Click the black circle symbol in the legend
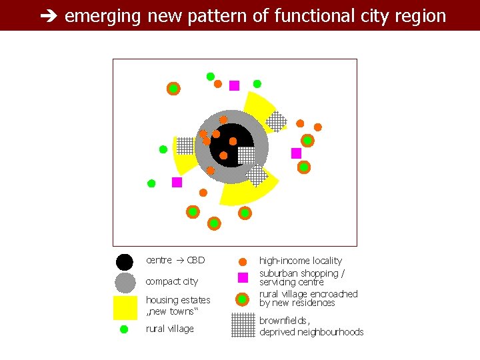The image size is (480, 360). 125,263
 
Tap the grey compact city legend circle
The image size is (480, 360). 125,283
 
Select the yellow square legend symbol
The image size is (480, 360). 125,307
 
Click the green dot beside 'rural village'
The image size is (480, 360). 123,329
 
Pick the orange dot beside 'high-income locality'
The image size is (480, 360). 243,261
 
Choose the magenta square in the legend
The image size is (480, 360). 243,277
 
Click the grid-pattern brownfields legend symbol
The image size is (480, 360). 243,325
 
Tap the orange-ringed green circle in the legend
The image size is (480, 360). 243,298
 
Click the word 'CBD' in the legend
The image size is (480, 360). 196,260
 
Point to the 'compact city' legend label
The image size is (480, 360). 171,281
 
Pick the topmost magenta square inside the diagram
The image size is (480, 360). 234,85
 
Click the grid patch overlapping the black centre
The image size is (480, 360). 246,155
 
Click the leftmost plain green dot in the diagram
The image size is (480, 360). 151,183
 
